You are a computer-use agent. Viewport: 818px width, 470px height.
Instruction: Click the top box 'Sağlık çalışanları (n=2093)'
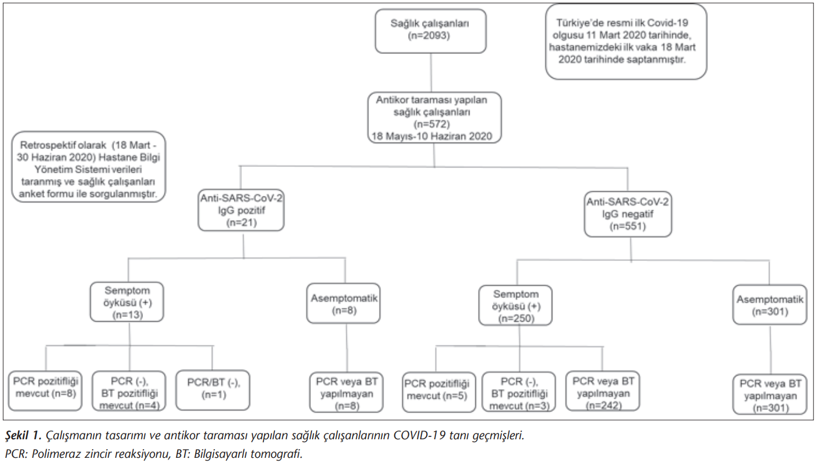431,31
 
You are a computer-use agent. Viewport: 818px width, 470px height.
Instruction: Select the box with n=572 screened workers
434,117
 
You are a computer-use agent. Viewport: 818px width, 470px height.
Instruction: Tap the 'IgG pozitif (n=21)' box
241,210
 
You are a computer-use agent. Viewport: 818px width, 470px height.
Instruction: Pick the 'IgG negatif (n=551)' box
628,214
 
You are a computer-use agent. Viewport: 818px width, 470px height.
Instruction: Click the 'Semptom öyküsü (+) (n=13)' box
127,302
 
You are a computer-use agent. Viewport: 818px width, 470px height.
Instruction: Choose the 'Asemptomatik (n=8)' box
343,303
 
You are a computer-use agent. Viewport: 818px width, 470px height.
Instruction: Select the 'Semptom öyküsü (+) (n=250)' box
515,305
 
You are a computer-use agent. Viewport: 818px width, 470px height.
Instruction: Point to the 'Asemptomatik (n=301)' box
770,305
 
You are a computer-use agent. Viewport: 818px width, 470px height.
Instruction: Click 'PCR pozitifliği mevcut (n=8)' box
45,391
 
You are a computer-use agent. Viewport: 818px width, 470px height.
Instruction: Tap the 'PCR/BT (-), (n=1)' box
213,391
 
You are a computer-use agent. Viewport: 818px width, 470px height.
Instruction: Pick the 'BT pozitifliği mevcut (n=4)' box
129,391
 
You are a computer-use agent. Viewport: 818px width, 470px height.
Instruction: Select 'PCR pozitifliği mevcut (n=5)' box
439,392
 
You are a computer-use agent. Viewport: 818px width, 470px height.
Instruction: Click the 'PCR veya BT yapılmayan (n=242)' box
603,391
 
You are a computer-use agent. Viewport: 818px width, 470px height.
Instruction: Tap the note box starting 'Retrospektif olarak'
89,167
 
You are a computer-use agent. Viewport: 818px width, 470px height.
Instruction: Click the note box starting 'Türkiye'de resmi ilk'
626,42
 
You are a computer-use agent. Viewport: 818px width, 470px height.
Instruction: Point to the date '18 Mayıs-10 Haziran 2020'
432,136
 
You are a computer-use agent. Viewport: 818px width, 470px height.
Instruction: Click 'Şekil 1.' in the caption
23,436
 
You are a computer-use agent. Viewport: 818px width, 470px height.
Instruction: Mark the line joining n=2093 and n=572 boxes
431,72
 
